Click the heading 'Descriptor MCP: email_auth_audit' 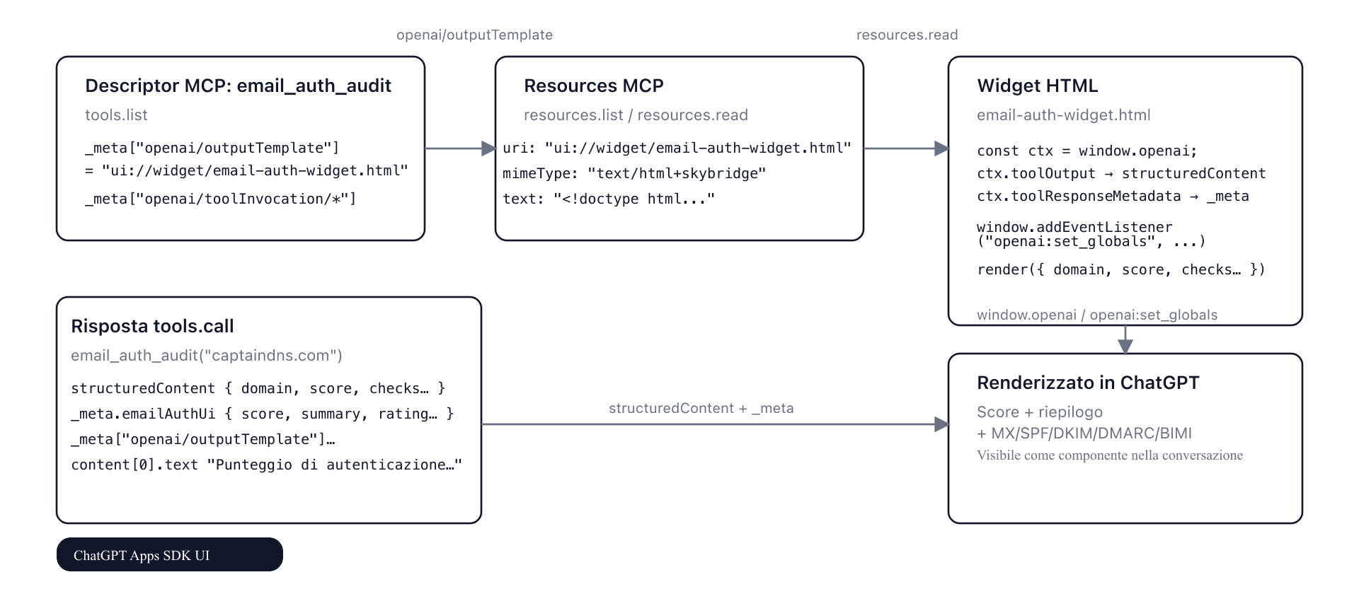tap(238, 86)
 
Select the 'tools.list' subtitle tap(116, 115)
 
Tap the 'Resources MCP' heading tap(593, 86)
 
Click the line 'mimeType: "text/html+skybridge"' tap(634, 174)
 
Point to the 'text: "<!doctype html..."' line tap(609, 199)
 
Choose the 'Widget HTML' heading tap(1037, 86)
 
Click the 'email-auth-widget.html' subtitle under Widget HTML tap(1063, 115)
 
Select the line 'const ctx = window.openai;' tap(1086, 151)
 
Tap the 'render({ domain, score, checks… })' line tap(1120, 270)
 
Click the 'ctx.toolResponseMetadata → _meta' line tap(1112, 197)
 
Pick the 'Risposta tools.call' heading tap(152, 327)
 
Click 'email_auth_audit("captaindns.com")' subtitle tap(206, 356)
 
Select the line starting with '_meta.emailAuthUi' tap(262, 414)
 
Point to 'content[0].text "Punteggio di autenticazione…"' tap(266, 465)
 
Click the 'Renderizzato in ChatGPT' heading tap(1087, 383)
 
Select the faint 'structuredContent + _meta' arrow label tap(701, 409)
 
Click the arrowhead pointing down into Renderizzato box tap(1125, 346)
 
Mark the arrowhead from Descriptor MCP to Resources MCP tap(488, 148)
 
